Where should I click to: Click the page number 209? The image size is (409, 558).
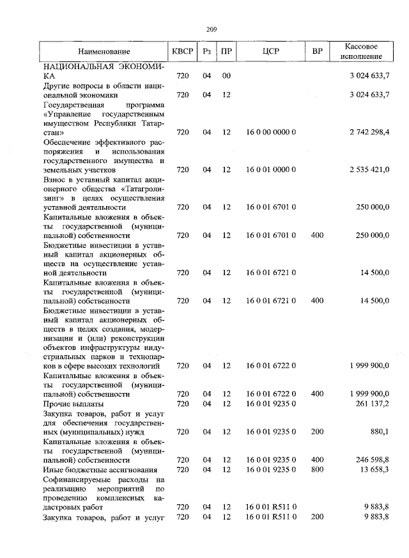tap(213, 29)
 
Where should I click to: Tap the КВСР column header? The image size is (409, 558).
tap(180, 51)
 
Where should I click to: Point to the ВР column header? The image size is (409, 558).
tap(317, 51)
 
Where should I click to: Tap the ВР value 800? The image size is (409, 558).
tap(317, 470)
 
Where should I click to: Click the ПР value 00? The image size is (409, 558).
tap(226, 76)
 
